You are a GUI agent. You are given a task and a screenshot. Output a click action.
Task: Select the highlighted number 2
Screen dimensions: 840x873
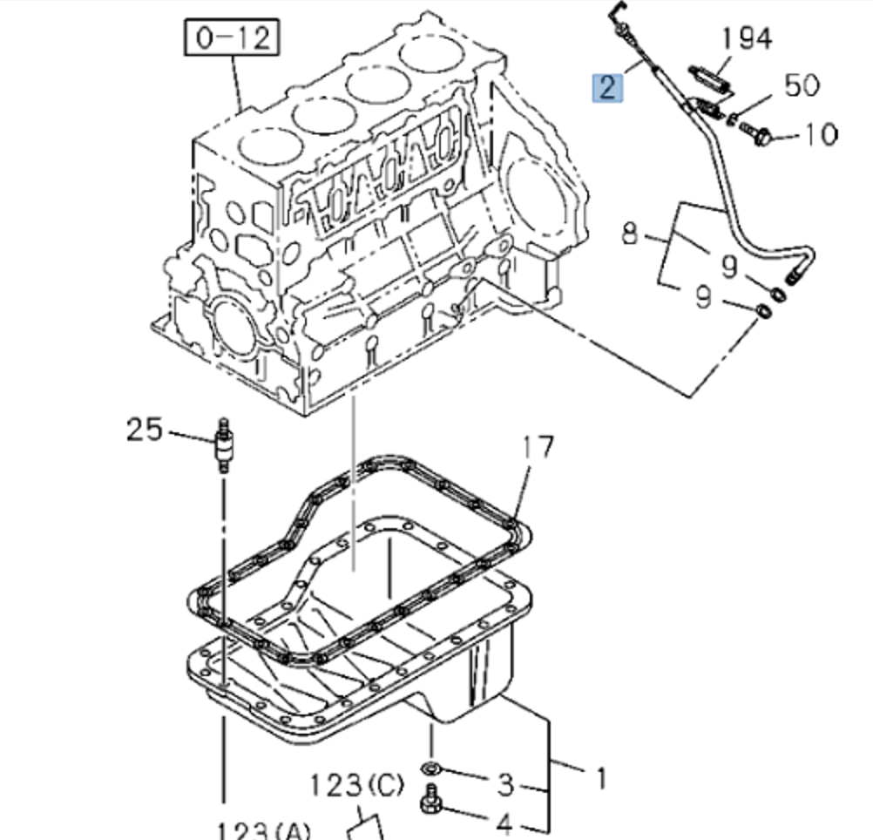(x=606, y=87)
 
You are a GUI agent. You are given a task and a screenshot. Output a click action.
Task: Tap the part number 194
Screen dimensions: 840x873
(x=747, y=38)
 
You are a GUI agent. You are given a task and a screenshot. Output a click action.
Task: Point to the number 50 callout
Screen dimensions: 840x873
(x=802, y=85)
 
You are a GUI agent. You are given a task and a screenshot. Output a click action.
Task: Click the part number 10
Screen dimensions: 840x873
(x=820, y=134)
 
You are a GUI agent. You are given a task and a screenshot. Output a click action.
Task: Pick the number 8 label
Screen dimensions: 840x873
(x=631, y=234)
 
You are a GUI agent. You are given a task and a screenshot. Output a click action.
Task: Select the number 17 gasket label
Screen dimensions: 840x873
(x=538, y=448)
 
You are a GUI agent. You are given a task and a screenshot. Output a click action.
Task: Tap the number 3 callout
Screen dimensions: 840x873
(x=505, y=784)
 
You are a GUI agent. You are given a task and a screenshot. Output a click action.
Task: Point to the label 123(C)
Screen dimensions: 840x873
(x=357, y=786)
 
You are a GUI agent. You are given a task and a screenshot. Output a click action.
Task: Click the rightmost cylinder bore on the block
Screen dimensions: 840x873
(x=430, y=58)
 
